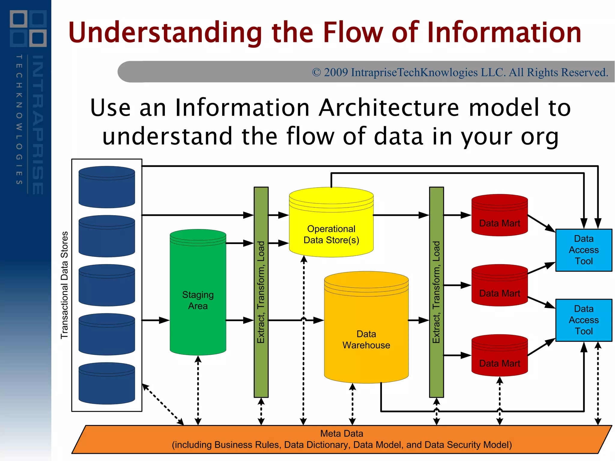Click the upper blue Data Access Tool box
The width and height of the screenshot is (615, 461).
583,250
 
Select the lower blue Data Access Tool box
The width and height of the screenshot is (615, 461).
583,320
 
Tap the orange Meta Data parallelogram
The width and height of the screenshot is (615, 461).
341,439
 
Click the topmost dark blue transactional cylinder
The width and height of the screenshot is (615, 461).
107,187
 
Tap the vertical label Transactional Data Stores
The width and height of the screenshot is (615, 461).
65,285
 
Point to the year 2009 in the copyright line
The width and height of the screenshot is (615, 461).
335,72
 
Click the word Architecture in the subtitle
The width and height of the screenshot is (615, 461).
389,108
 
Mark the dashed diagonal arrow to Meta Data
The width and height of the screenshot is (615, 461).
163,404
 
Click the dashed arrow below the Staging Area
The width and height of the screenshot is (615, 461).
198,390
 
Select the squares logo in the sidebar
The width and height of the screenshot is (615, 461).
28,29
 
